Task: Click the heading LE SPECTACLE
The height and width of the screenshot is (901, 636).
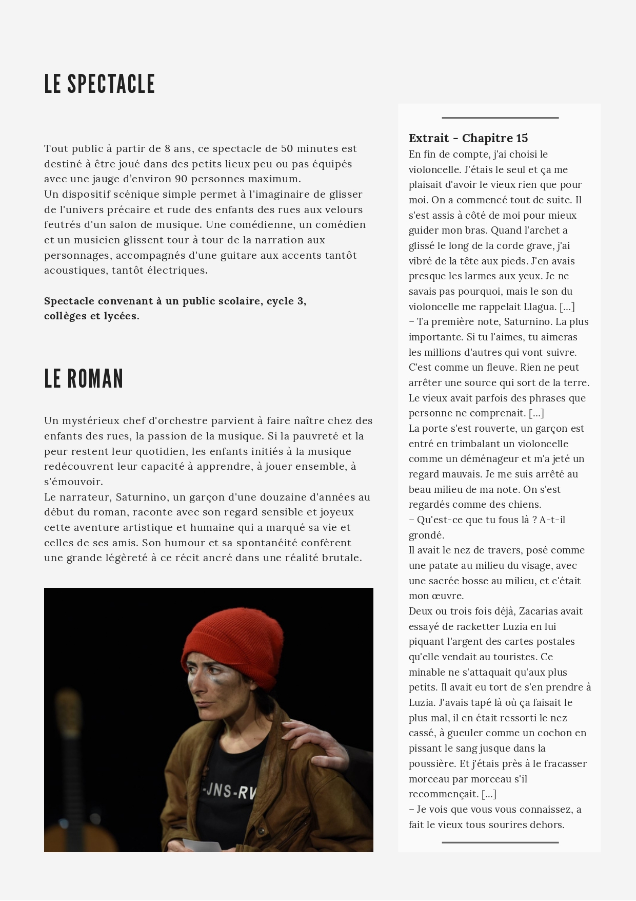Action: click(x=100, y=84)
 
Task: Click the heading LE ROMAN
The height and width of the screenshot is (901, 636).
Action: click(x=84, y=379)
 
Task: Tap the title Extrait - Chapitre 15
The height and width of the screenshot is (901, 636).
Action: click(x=468, y=138)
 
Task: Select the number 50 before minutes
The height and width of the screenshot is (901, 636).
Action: click(x=287, y=148)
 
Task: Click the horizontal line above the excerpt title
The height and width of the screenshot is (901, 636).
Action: click(x=500, y=118)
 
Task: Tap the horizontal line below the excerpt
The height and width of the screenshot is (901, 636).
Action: click(x=500, y=842)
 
